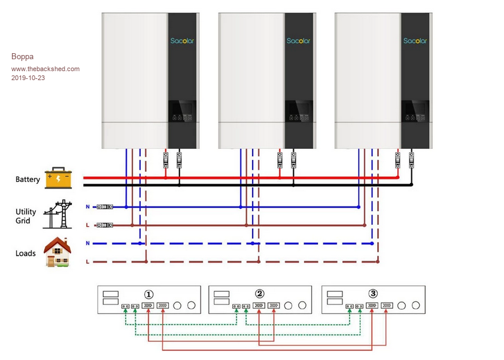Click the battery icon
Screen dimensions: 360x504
(58, 178)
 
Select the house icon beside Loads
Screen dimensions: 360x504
(58, 252)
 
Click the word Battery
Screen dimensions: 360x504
(28, 179)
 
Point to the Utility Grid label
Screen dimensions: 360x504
(26, 216)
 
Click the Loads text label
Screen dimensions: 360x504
(26, 254)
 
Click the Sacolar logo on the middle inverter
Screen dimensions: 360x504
(299, 41)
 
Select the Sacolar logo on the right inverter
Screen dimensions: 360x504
(415, 41)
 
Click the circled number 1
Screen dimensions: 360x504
(149, 294)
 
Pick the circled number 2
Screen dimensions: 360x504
(260, 294)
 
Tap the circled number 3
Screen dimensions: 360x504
(373, 294)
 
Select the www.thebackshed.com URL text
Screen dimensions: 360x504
(45, 69)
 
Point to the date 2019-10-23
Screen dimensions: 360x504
(28, 78)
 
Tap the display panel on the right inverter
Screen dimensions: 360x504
(415, 111)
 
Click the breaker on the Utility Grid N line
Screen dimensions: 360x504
(105, 207)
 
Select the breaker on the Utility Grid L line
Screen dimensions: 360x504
(105, 225)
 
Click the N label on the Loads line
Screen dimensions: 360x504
(88, 243)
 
